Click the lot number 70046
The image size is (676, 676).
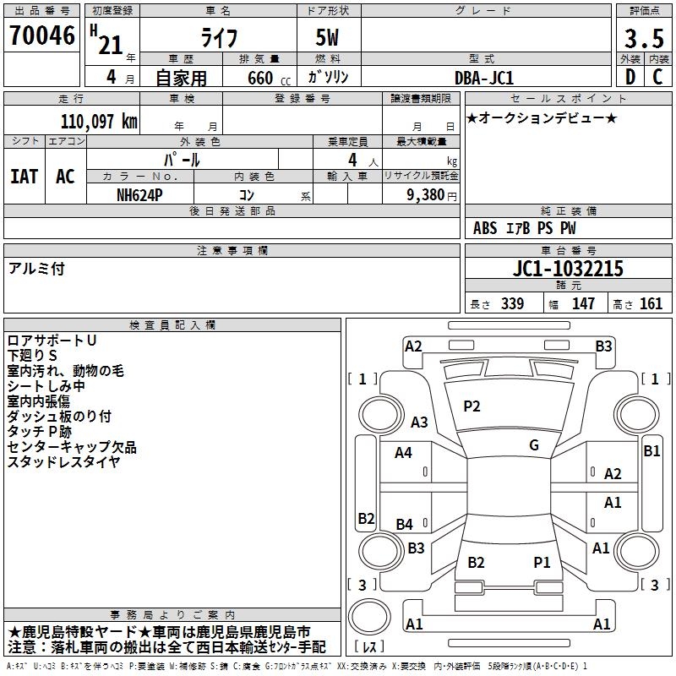click(42, 35)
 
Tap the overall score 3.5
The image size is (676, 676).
click(644, 39)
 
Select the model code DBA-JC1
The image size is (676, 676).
click(484, 78)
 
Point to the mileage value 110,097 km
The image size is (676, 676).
click(99, 122)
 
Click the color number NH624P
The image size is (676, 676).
click(139, 195)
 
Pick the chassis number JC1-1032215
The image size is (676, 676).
click(568, 269)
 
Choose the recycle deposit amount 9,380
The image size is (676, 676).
click(426, 195)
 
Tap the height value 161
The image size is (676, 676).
click(651, 303)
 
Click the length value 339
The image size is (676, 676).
click(513, 303)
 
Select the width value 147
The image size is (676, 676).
click(583, 303)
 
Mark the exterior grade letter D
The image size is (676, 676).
click(630, 77)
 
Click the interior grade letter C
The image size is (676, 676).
click(658, 77)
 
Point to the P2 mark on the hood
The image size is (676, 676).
click(472, 406)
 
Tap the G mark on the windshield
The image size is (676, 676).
click(534, 445)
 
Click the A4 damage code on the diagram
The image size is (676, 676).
click(403, 453)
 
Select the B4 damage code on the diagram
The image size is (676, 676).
click(405, 524)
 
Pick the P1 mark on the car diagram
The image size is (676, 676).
click(542, 562)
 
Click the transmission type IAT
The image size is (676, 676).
click(25, 177)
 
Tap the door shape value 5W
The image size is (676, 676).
click(327, 37)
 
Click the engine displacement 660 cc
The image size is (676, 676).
click(269, 78)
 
